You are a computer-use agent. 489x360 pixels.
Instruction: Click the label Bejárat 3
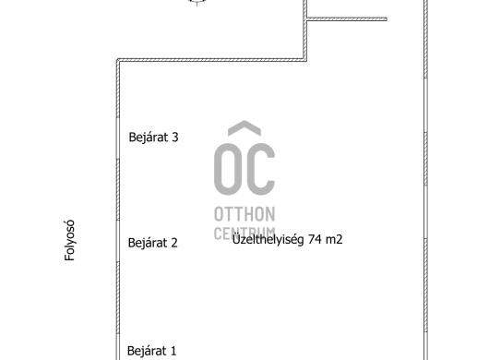click(x=153, y=138)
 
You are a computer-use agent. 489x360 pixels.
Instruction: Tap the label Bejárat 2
click(x=153, y=243)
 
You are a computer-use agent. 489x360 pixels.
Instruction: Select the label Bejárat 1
click(x=152, y=351)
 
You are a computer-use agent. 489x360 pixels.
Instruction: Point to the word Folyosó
click(x=69, y=240)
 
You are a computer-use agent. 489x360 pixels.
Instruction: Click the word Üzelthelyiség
click(x=268, y=240)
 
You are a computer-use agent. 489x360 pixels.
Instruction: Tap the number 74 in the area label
click(x=315, y=239)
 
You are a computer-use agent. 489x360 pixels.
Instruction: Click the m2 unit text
click(x=334, y=240)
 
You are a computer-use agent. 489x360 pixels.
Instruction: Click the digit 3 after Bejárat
click(x=175, y=138)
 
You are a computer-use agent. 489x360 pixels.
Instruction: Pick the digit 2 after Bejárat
click(x=174, y=243)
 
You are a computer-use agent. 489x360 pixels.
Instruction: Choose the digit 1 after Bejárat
click(x=173, y=351)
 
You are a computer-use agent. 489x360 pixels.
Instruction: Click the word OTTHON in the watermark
click(x=244, y=214)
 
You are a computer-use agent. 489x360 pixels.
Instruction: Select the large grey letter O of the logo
click(x=228, y=169)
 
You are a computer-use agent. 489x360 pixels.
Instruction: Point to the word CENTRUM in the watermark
click(x=244, y=234)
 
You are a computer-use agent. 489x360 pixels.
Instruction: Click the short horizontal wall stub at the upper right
click(x=347, y=19)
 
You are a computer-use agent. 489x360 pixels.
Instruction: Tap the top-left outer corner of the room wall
click(x=117, y=59)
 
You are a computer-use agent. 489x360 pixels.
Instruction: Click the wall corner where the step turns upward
click(x=305, y=60)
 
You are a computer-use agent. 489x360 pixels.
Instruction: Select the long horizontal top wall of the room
click(x=211, y=60)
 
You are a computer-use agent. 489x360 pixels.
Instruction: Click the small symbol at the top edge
click(x=197, y=2)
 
